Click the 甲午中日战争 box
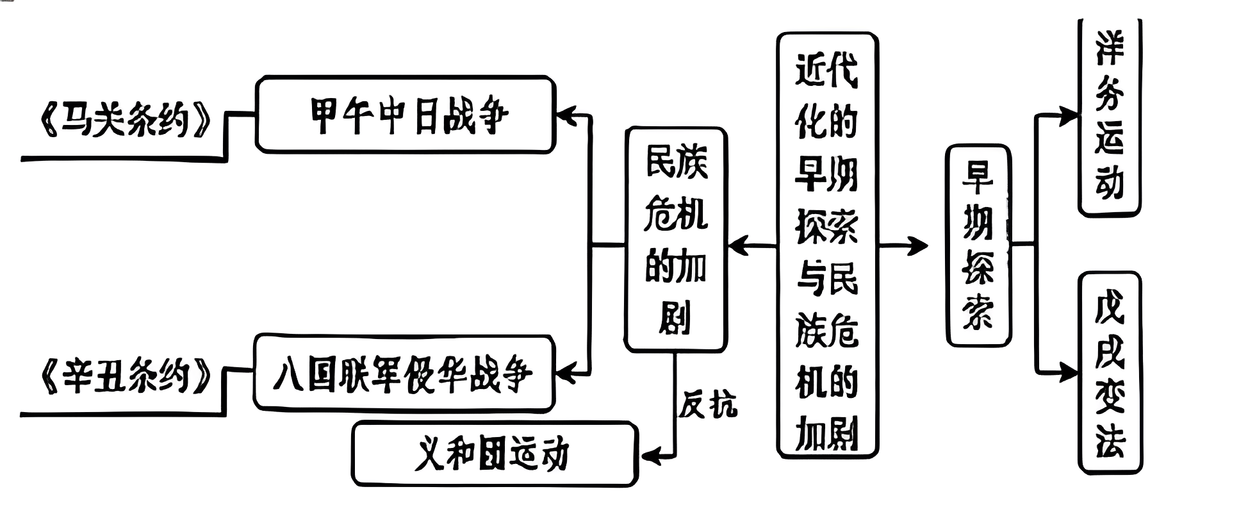coord(405,115)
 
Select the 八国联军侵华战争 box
coord(404,373)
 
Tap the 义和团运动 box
coord(494,454)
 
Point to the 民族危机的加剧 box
coord(676,239)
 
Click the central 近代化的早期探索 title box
coord(827,245)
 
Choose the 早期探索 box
coord(978,245)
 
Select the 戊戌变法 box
coord(1110,372)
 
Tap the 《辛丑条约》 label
coord(126,376)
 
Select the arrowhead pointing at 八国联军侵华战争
coord(565,372)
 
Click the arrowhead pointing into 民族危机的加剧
coord(737,245)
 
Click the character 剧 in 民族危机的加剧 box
coord(675,318)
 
